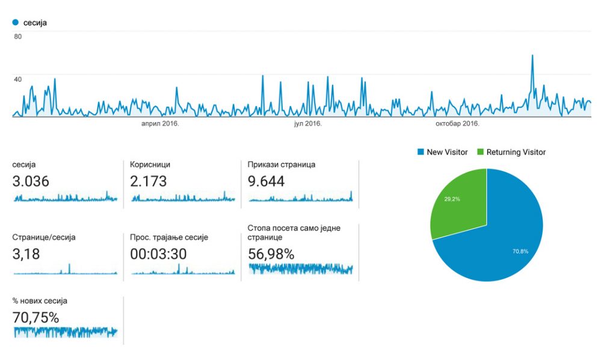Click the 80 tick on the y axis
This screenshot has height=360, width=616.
[18, 37]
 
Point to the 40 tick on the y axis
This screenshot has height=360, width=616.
[18, 79]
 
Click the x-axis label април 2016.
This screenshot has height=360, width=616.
[160, 123]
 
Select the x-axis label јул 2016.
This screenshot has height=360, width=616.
[307, 123]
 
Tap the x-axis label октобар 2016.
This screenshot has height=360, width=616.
[457, 123]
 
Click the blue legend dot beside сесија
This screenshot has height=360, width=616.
[15, 22]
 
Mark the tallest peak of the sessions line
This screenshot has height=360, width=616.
[532, 55]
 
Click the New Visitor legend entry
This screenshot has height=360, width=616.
[442, 152]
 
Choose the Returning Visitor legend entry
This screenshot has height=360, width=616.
[511, 152]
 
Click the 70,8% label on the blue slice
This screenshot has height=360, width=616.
[520, 251]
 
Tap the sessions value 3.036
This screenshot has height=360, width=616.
[31, 181]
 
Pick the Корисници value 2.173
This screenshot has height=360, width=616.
[149, 181]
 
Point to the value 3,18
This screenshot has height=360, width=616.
[26, 254]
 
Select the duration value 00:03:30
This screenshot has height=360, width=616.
[158, 254]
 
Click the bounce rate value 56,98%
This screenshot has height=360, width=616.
[271, 254]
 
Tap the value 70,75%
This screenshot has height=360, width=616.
[35, 317]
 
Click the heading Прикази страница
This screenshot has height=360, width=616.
[282, 164]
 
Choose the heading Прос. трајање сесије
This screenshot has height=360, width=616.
[169, 237]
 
